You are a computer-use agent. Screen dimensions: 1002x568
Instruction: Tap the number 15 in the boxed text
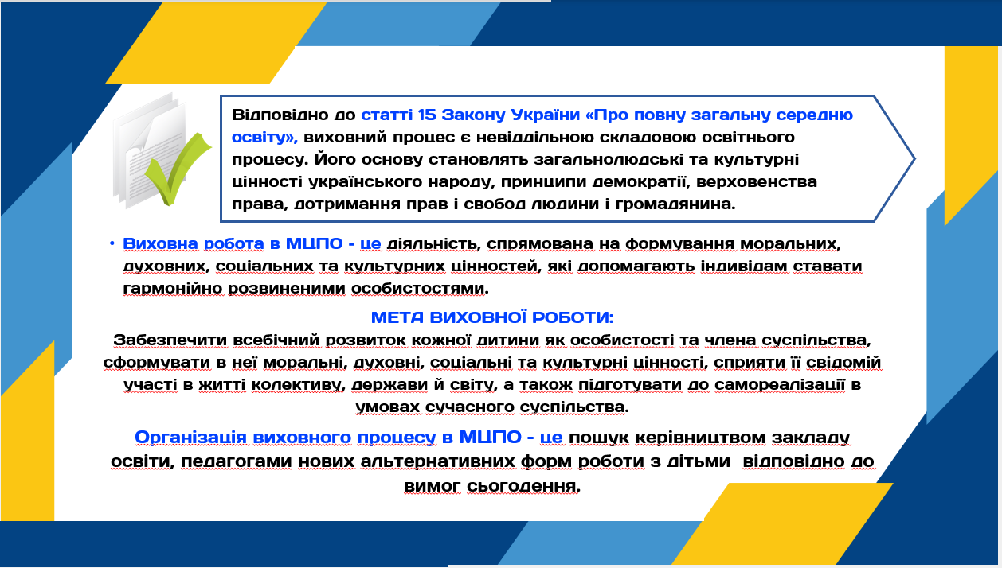[x=426, y=115]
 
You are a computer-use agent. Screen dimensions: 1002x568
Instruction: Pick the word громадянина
[x=675, y=204]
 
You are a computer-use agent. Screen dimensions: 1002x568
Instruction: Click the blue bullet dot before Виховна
[x=112, y=243]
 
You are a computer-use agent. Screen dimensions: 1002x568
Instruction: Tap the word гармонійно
[x=173, y=289]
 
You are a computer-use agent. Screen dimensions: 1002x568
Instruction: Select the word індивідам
[x=744, y=266]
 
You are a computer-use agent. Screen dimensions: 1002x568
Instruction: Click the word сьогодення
[x=523, y=486]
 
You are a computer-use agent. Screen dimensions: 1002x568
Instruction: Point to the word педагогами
[x=237, y=461]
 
